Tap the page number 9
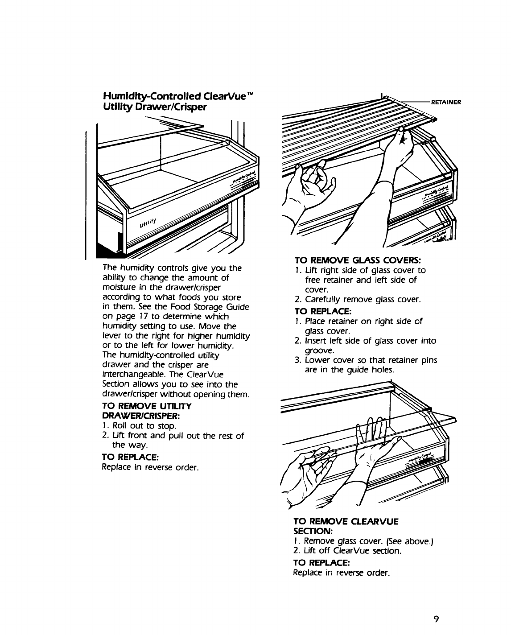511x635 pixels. point(437,619)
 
